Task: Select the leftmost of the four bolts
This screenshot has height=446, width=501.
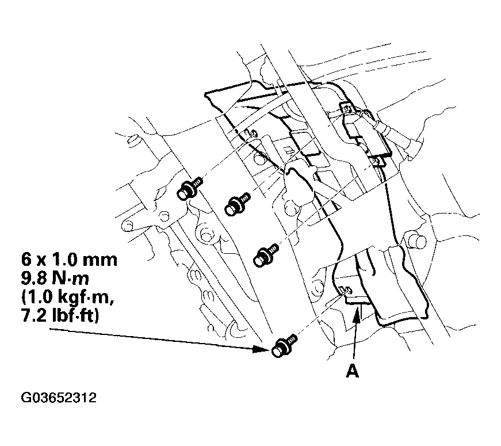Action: click(x=188, y=190)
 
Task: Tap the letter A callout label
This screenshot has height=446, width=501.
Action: click(x=351, y=372)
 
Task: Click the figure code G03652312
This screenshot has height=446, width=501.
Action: click(x=59, y=398)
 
